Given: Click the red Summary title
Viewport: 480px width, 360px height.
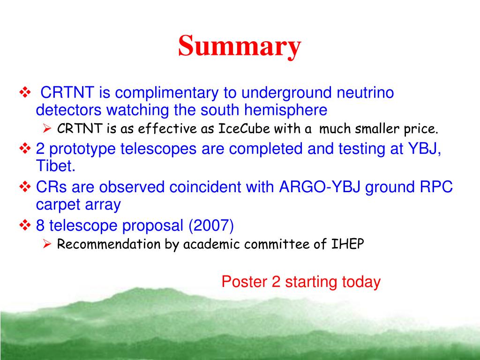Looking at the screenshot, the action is pyautogui.click(x=240, y=46).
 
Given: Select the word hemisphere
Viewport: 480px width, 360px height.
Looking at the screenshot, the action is pyautogui.click(x=285, y=110).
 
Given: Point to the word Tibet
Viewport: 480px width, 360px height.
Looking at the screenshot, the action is pyautogui.click(x=55, y=165).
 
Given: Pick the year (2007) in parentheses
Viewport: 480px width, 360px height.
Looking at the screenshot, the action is pyautogui.click(x=211, y=225).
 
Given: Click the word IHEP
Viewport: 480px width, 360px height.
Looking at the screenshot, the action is pyautogui.click(x=348, y=244).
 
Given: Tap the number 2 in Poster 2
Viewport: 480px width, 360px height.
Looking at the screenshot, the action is pyautogui.click(x=276, y=282).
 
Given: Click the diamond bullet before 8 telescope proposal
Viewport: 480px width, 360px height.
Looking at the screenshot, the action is pyautogui.click(x=25, y=225).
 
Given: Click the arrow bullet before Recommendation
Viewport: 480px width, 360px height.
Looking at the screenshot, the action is pyautogui.click(x=47, y=244).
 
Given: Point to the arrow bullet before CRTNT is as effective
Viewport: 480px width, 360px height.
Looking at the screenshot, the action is pyautogui.click(x=47, y=128).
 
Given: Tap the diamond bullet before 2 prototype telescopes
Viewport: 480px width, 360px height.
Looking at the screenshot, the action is pyautogui.click(x=25, y=149).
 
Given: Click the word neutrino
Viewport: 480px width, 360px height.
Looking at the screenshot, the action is pyautogui.click(x=365, y=93).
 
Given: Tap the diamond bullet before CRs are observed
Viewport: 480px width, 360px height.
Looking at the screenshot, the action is pyautogui.click(x=25, y=187).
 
